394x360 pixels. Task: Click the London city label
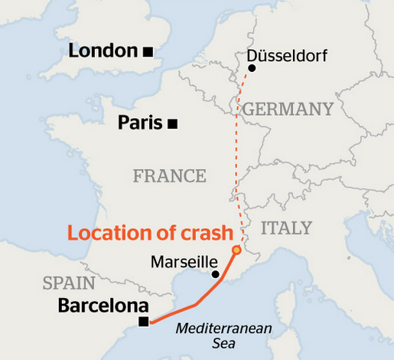(x=103, y=51)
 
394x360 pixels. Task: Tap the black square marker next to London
(x=148, y=51)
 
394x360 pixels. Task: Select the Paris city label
(x=142, y=123)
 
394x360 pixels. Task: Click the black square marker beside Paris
(x=174, y=123)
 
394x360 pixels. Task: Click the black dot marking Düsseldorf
(x=252, y=68)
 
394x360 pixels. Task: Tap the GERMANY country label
(x=288, y=109)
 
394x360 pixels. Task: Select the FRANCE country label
(x=169, y=176)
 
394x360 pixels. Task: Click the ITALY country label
(x=287, y=228)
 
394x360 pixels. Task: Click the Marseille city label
(x=184, y=262)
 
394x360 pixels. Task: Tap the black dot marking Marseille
(x=215, y=274)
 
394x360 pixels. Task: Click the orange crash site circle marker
(x=236, y=250)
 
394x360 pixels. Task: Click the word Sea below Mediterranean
(x=223, y=343)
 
